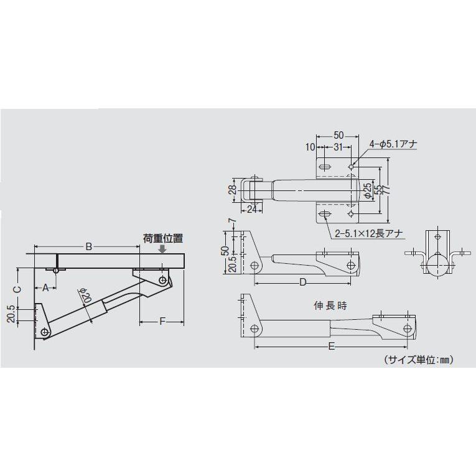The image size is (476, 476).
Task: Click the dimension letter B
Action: pyautogui.click(x=89, y=247)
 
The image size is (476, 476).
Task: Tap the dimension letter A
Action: pyautogui.click(x=45, y=287)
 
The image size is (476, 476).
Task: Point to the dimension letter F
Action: pyautogui.click(x=162, y=321)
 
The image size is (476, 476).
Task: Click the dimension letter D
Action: pyautogui.click(x=303, y=282)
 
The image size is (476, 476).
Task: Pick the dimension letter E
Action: pyautogui.click(x=331, y=347)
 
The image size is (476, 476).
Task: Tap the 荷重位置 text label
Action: pyautogui.click(x=162, y=238)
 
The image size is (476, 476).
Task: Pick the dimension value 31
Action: pyautogui.click(x=338, y=147)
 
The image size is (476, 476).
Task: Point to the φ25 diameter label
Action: pyautogui.click(x=368, y=190)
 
